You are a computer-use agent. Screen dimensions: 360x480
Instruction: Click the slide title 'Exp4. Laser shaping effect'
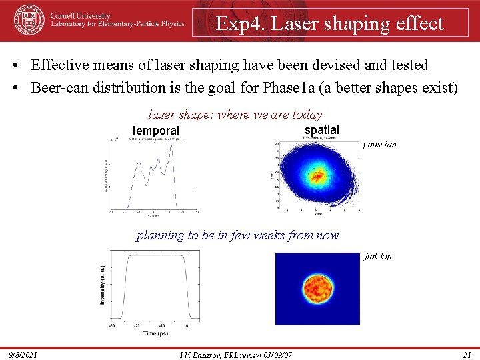[329, 23]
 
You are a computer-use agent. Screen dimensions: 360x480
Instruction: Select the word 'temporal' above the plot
[155, 131]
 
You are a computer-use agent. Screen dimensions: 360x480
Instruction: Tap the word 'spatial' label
[321, 129]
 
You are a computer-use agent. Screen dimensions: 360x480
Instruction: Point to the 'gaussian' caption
[380, 144]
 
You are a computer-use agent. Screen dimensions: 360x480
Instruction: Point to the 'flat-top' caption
[378, 257]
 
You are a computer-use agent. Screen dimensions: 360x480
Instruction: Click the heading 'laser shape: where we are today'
[235, 115]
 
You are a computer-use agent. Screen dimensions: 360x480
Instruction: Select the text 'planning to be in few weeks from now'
[237, 235]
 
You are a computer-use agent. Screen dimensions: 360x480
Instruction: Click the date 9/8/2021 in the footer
[23, 354]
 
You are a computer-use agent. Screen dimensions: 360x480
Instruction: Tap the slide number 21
[467, 354]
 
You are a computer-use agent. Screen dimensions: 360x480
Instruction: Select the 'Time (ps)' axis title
[150, 332]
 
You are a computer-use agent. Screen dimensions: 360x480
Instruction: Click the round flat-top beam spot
[318, 289]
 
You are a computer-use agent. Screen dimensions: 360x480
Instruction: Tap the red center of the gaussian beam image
[317, 175]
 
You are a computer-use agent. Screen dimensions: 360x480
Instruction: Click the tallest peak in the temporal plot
[172, 147]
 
